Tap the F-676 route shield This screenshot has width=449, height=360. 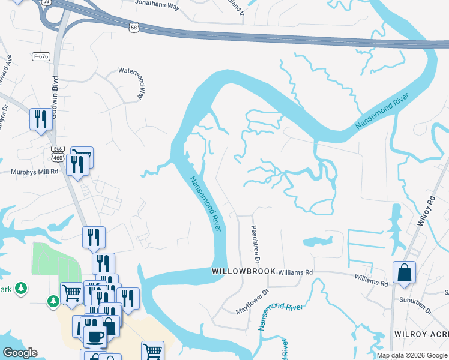(x=41, y=56)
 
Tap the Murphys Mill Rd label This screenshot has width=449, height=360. (x=34, y=171)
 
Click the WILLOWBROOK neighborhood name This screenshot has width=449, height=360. (x=244, y=272)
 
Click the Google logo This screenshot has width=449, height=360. (x=20, y=353)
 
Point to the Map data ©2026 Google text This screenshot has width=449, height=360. (x=412, y=355)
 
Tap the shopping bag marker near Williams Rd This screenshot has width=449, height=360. (x=405, y=272)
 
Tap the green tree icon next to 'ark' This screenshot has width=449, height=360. (x=22, y=289)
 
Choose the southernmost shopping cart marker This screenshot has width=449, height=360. (x=152, y=351)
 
